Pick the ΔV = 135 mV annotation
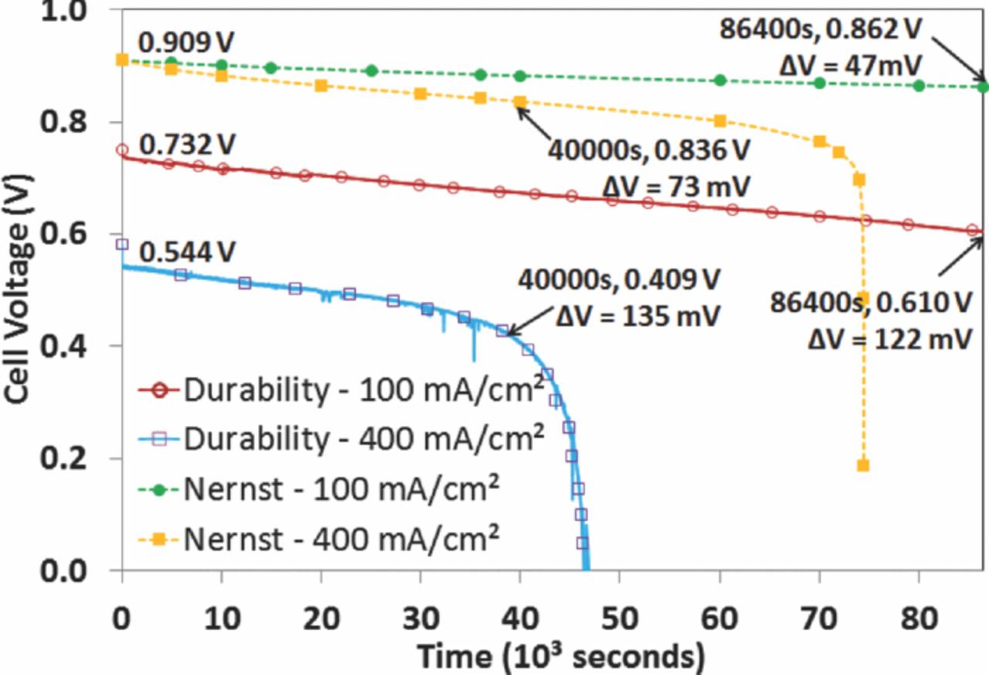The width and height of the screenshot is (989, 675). pos(638,316)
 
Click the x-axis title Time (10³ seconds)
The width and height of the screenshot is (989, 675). pos(561,656)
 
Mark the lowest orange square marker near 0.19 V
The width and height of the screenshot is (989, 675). pos(863,465)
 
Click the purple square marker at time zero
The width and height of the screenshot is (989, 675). pos(122,244)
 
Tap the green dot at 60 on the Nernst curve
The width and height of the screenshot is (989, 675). pos(720,80)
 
